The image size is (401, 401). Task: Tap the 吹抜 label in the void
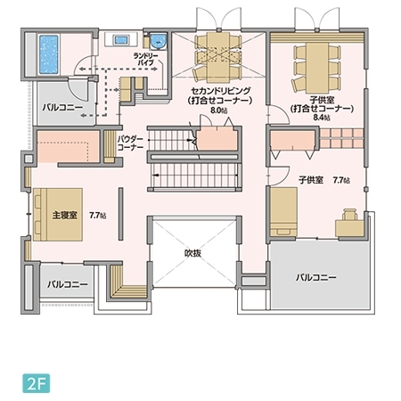[x=193, y=254]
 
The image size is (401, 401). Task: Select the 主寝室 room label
[x=65, y=216]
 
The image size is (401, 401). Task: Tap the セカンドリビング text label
[x=219, y=92]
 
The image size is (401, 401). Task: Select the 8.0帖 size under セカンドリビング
[x=220, y=111]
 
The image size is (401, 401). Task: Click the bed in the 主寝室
[x=55, y=214]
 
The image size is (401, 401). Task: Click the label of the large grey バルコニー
[x=316, y=278]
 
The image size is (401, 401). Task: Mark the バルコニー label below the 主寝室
[x=68, y=284]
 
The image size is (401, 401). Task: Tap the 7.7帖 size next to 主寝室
[x=97, y=216]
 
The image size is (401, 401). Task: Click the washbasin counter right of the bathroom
[x=120, y=40]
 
